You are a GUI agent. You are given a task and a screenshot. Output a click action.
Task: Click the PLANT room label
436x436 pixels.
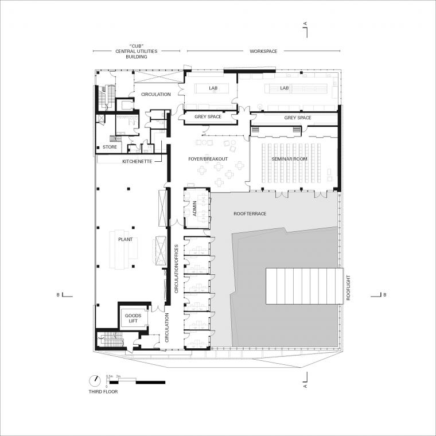(126, 239)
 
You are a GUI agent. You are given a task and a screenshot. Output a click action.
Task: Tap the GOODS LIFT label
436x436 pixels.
(133, 318)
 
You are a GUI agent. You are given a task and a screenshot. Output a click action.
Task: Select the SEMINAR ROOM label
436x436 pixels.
(290, 159)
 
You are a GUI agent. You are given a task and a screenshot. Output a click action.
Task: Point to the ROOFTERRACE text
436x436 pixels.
(250, 213)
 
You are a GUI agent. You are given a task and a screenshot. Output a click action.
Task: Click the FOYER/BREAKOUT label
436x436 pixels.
(208, 159)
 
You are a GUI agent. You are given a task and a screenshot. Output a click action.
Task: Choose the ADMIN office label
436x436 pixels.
(194, 209)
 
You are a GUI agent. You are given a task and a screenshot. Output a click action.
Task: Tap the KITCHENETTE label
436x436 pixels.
(137, 161)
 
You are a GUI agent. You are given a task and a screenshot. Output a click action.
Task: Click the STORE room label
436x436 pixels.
(110, 147)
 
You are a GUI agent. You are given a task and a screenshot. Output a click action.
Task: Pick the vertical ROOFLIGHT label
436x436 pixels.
(348, 288)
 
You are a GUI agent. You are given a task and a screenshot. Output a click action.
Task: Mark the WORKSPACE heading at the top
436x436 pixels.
(263, 51)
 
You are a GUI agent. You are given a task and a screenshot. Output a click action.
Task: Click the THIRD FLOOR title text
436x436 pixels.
(103, 391)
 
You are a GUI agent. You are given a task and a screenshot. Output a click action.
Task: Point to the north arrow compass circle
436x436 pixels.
(95, 380)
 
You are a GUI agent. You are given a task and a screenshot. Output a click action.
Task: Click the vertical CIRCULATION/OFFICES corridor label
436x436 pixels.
(176, 269)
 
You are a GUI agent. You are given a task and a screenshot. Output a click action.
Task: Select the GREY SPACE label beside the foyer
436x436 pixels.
(208, 116)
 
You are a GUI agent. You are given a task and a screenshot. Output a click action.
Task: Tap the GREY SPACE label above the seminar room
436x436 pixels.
(298, 118)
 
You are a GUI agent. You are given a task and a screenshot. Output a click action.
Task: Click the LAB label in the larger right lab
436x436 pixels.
(285, 88)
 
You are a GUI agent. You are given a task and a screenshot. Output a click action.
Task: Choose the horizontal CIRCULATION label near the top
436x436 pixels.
(156, 94)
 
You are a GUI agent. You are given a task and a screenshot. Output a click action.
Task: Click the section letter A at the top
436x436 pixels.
(306, 24)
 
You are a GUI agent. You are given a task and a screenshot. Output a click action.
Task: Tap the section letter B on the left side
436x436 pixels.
(58, 295)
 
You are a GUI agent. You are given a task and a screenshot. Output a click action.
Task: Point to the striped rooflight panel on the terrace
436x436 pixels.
(305, 286)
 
